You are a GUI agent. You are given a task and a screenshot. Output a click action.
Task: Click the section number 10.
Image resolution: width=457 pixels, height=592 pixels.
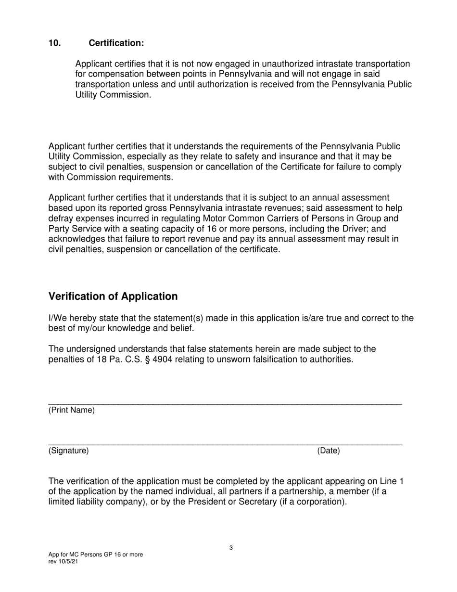54,43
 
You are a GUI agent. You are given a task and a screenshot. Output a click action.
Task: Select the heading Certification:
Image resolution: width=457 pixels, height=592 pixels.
116,43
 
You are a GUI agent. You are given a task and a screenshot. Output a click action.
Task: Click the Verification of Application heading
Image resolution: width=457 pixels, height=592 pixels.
113,296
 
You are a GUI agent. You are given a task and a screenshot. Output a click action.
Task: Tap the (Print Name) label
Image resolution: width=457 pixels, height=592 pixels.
72,411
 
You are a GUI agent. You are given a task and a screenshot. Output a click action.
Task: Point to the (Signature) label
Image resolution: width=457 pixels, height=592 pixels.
68,451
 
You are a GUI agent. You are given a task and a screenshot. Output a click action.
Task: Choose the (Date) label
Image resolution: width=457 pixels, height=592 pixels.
328,451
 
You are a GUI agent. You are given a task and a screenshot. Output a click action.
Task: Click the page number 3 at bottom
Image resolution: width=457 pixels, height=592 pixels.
231,548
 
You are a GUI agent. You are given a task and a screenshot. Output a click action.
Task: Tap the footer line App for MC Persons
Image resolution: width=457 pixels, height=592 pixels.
95,554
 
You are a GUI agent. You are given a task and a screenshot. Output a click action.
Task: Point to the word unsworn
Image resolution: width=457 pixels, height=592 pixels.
233,360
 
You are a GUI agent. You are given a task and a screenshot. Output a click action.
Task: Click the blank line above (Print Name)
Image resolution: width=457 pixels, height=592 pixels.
225,403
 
